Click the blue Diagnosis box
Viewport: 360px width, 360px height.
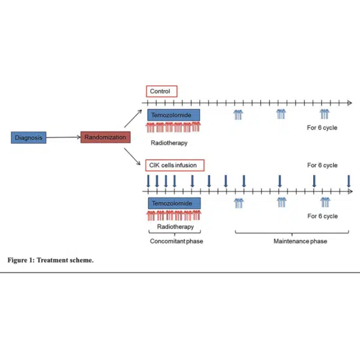pos(29,137)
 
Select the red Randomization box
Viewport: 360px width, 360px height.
pos(105,137)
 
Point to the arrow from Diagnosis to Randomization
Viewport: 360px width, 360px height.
pos(64,137)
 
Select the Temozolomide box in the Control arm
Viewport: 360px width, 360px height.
pos(173,115)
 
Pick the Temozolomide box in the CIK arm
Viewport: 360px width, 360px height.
pos(174,204)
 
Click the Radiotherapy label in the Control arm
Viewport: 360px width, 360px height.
pos(169,143)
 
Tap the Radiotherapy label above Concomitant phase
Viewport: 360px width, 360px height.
pos(175,227)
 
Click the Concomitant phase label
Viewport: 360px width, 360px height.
pos(173,241)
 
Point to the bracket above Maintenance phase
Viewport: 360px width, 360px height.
pos(293,232)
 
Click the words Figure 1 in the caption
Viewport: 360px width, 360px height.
pos(20,261)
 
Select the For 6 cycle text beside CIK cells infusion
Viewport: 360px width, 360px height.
pos(322,166)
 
